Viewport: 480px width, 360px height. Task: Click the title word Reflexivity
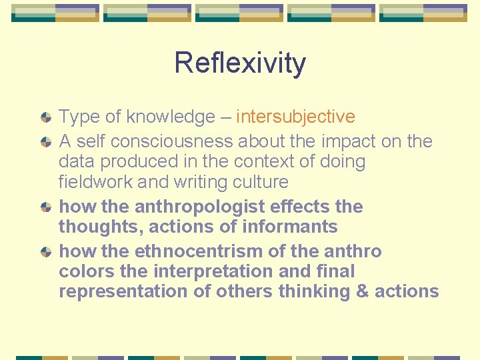(240, 63)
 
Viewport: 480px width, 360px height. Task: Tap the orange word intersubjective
(295, 117)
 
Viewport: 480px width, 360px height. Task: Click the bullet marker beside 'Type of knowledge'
(46, 117)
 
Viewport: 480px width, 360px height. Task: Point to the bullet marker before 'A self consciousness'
(46, 141)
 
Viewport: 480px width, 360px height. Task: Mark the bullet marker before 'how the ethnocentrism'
(46, 251)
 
